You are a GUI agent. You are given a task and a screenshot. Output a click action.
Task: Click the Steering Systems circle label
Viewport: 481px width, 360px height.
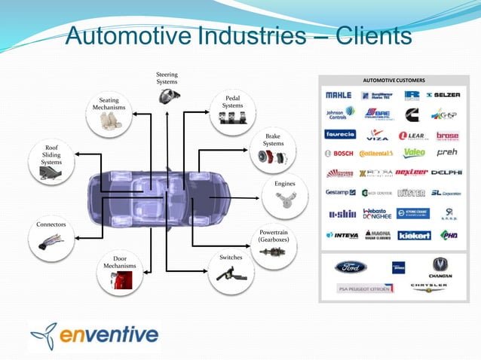(x=167, y=78)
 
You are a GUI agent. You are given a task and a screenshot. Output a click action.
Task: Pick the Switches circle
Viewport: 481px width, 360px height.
(x=230, y=270)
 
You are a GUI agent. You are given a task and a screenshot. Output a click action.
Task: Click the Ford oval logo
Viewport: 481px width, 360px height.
(x=351, y=267)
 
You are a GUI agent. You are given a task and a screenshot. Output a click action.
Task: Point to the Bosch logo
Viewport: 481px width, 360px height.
(x=339, y=154)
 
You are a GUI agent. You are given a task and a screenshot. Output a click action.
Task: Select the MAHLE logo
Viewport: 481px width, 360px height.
(x=339, y=96)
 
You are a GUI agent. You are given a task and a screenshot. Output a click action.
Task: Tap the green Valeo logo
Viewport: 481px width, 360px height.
(x=414, y=153)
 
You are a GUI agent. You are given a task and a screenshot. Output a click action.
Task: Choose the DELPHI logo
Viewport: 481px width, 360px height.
(x=446, y=172)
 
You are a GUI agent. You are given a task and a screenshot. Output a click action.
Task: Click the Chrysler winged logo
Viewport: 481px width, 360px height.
(x=428, y=288)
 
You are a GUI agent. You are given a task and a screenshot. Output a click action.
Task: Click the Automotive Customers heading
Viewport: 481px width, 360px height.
(x=394, y=80)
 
